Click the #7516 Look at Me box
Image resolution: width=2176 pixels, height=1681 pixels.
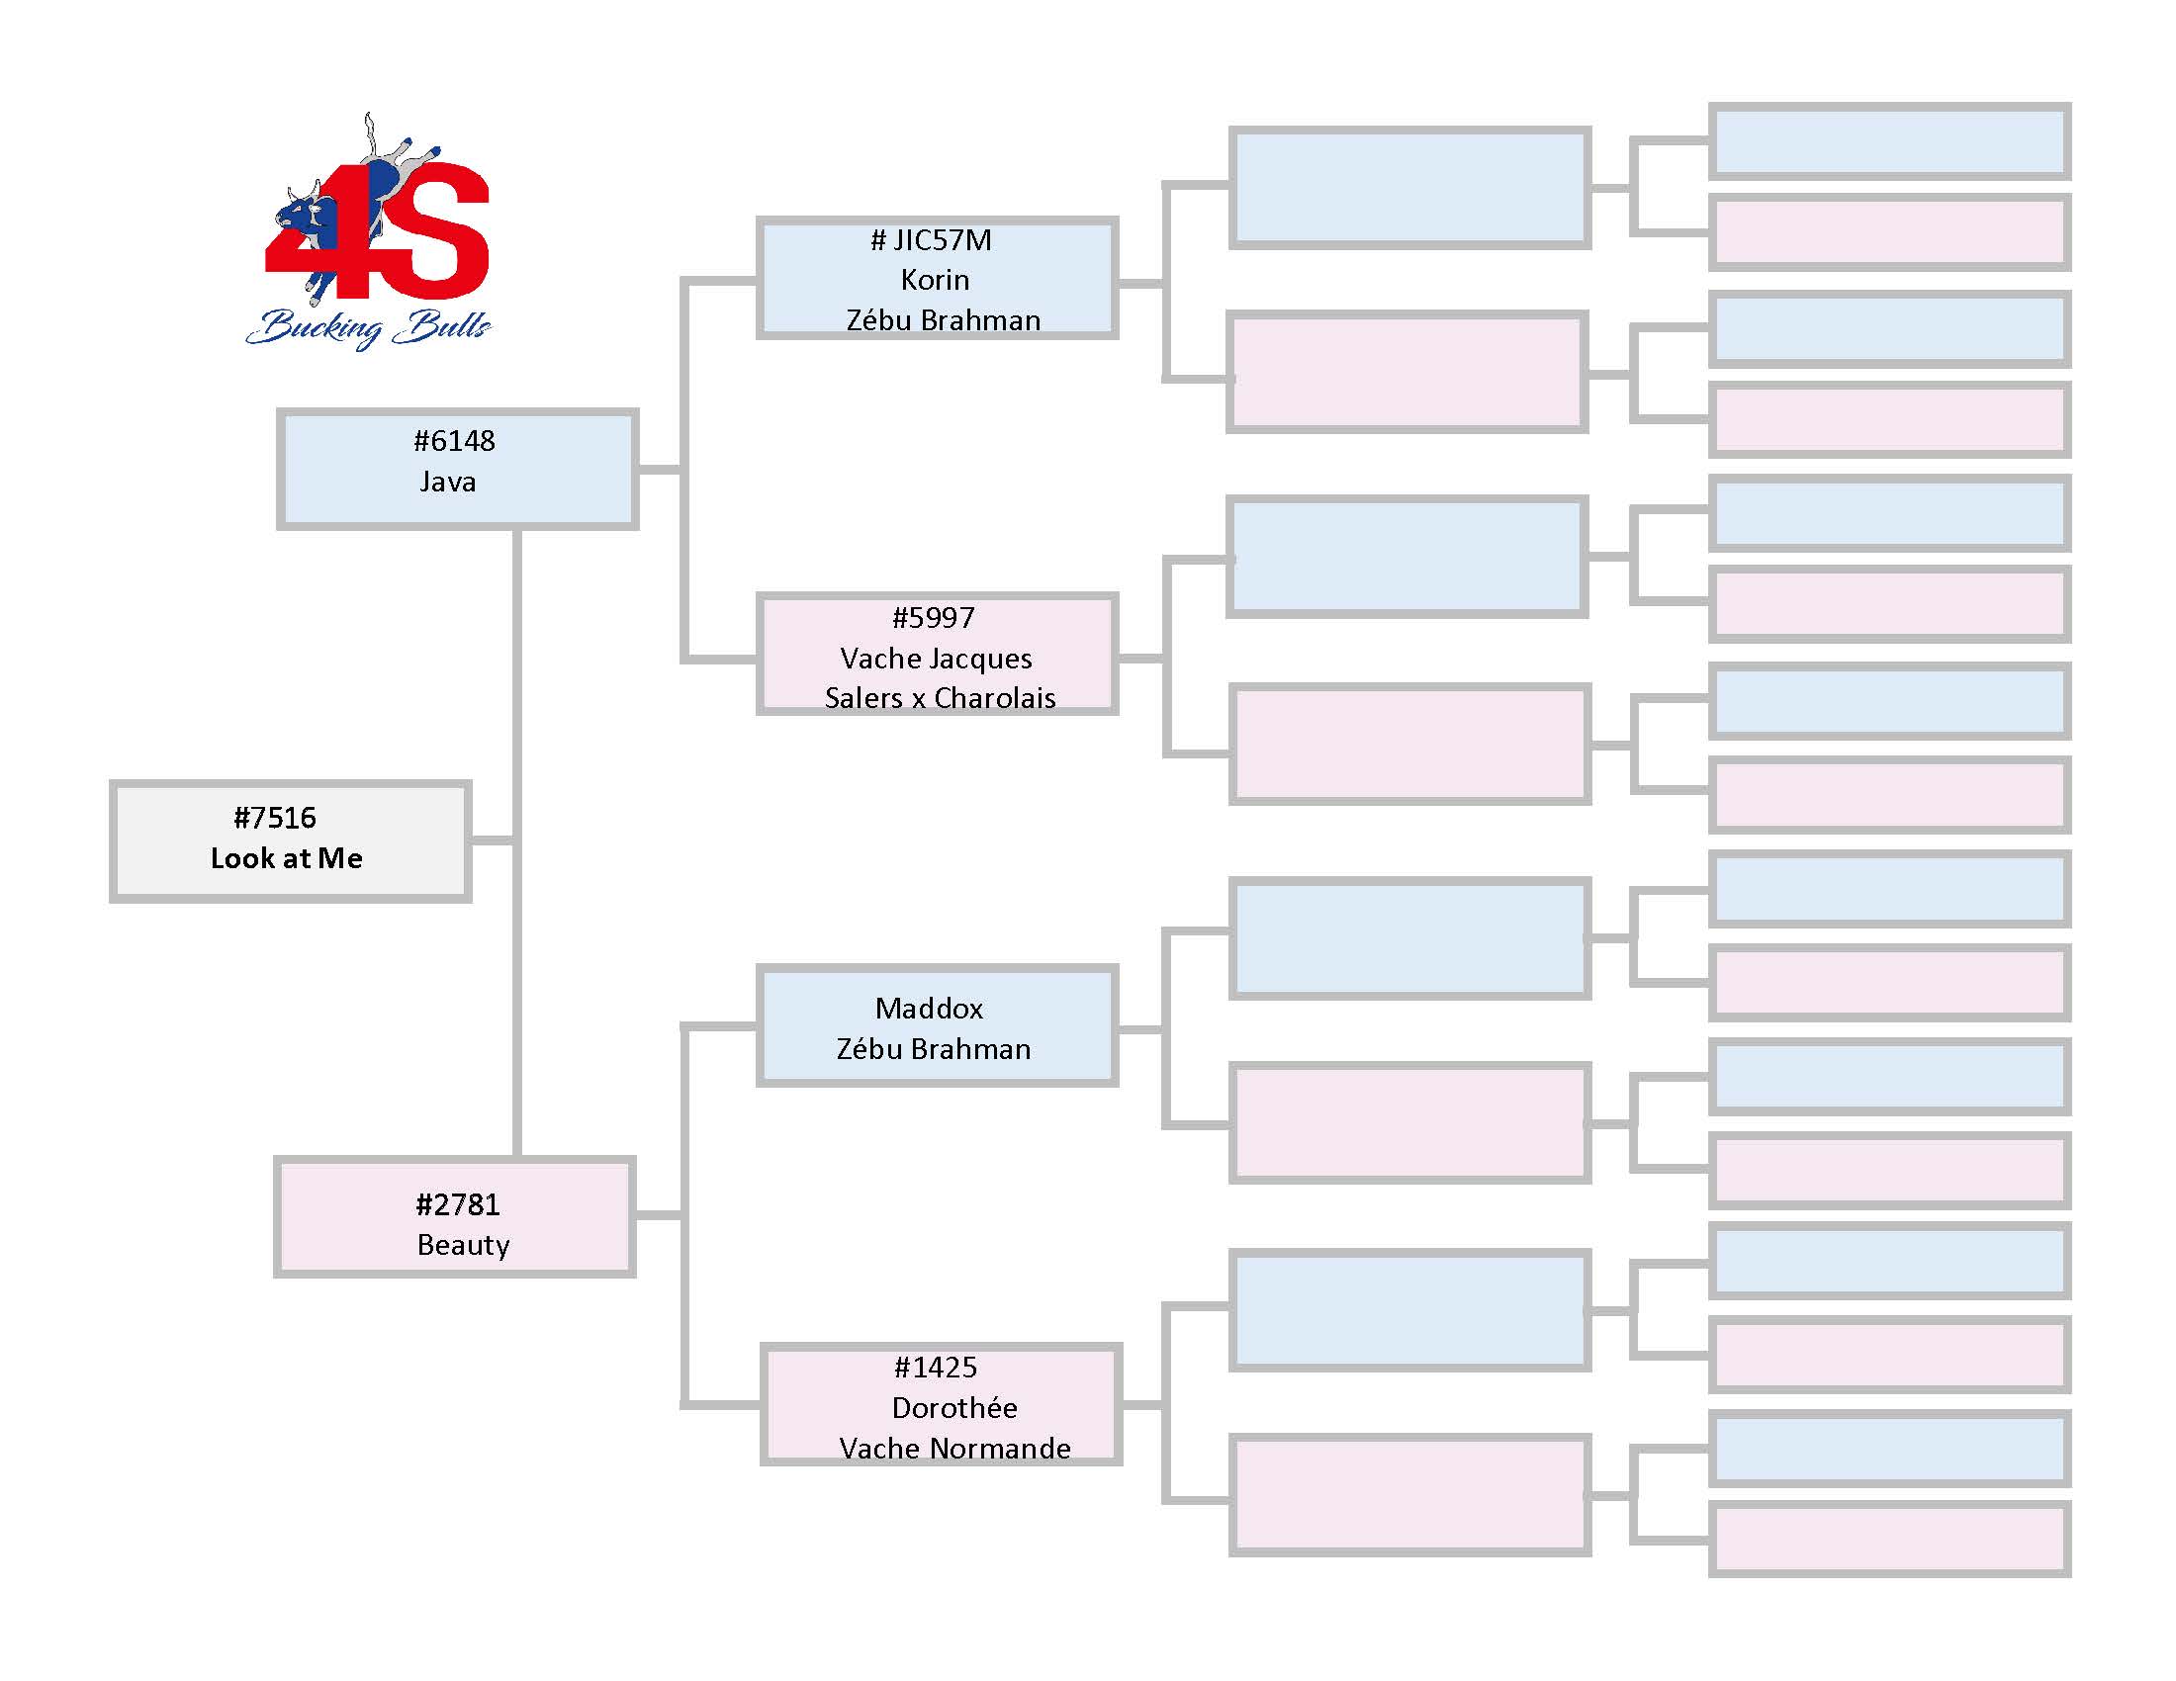(x=290, y=841)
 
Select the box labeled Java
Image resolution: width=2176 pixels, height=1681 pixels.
(x=457, y=468)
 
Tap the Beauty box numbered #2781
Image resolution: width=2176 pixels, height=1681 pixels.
(x=455, y=1216)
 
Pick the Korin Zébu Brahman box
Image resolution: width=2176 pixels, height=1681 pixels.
(x=937, y=278)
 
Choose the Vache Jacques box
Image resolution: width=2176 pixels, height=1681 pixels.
(x=937, y=655)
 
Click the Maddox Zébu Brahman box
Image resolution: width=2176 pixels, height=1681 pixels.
(x=937, y=1024)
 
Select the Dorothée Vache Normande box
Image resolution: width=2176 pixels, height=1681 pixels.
(x=942, y=1404)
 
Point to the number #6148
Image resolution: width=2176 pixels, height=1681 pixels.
(x=454, y=441)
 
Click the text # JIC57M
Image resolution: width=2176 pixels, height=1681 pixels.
(x=932, y=240)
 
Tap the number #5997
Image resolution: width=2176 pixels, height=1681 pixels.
(x=934, y=618)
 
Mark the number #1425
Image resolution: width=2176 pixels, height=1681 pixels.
(x=936, y=1368)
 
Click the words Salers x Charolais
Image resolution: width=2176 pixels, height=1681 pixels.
(x=941, y=698)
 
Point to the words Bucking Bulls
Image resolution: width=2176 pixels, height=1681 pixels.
(x=369, y=327)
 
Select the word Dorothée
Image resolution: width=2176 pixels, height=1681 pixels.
(x=954, y=1407)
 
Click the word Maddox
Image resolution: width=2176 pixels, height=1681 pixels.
(x=930, y=1009)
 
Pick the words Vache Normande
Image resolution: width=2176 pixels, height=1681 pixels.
(x=955, y=1448)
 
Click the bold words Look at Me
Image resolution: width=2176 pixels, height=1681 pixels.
(x=287, y=858)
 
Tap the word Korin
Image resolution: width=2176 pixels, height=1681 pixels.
(x=935, y=280)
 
